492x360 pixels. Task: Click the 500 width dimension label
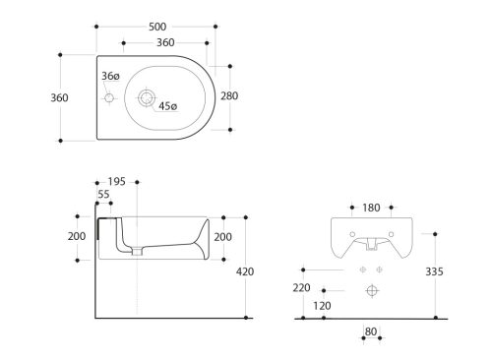(x=157, y=27)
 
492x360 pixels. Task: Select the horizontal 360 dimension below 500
(x=165, y=42)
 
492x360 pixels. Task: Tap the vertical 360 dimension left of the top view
(x=59, y=97)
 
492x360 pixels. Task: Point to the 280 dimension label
(x=229, y=96)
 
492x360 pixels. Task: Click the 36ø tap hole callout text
(x=110, y=76)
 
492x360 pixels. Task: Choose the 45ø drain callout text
(x=168, y=106)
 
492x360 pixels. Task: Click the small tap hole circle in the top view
(x=109, y=97)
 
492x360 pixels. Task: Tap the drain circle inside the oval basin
(x=145, y=97)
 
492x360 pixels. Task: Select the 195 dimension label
(x=117, y=181)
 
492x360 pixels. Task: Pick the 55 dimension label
(x=103, y=194)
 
